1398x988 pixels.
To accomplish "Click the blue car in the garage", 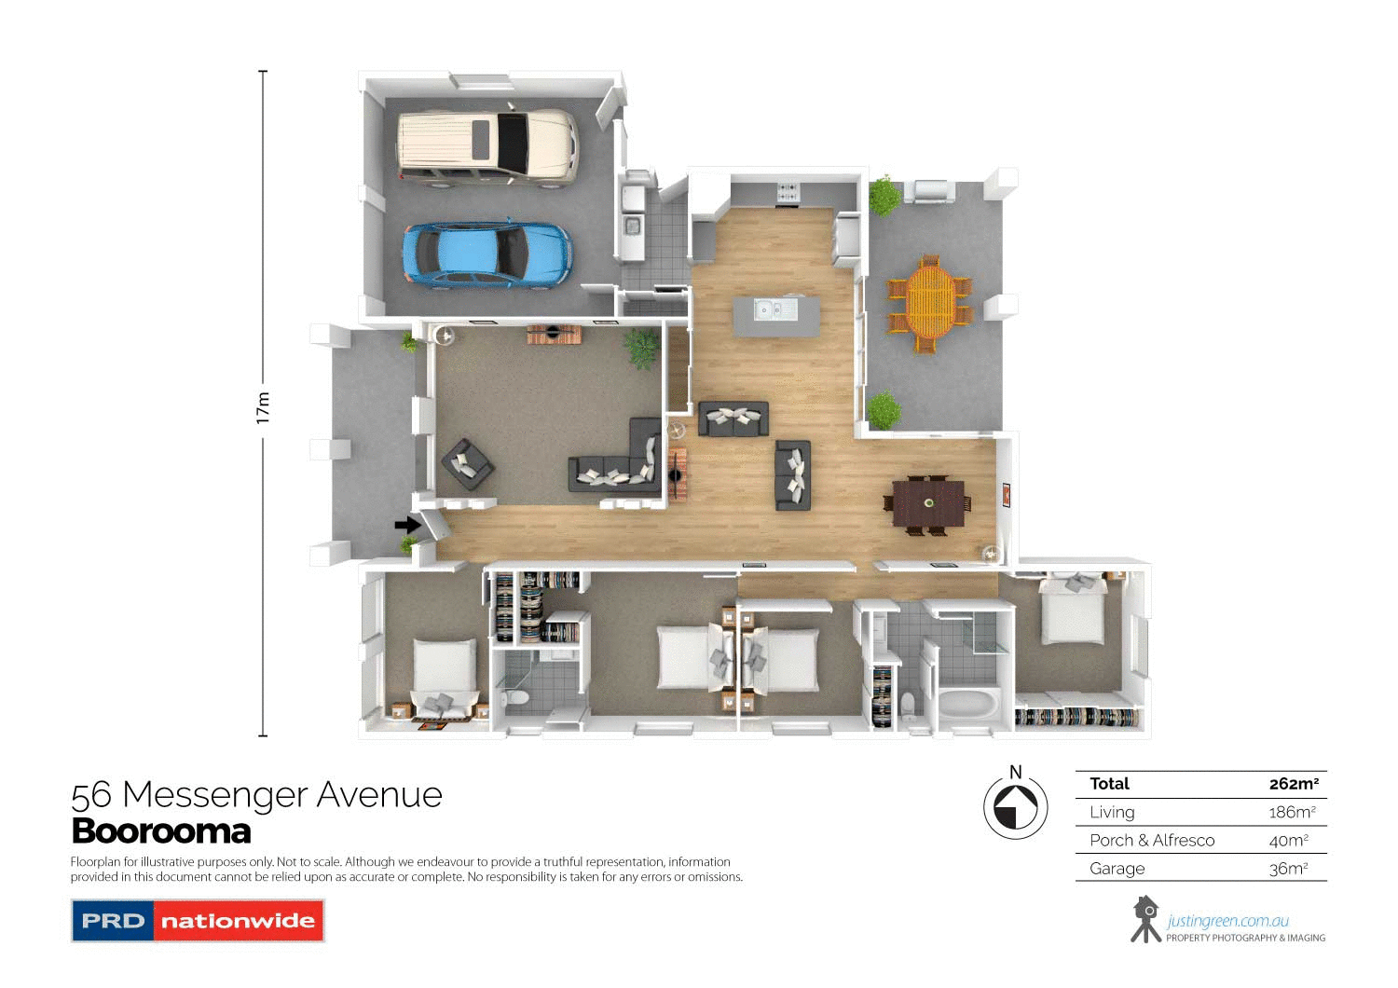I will pyautogui.click(x=487, y=254).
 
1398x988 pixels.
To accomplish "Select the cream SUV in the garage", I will pyautogui.click(x=487, y=147).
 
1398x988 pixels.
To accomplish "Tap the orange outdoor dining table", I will pyautogui.click(x=928, y=302).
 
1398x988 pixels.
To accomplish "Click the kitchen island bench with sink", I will pyautogui.click(x=776, y=317).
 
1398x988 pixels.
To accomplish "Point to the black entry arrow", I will pyautogui.click(x=407, y=526).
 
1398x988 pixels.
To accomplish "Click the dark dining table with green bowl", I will pyautogui.click(x=928, y=504).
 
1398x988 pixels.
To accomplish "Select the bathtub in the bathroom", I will pyautogui.click(x=968, y=705).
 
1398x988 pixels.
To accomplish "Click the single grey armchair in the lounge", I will pyautogui.click(x=467, y=463).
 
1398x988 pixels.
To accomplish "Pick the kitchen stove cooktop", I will pyautogui.click(x=788, y=192).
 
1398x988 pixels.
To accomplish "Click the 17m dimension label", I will pyautogui.click(x=263, y=407).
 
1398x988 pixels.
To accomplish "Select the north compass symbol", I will pyautogui.click(x=1015, y=807).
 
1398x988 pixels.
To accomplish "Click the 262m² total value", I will pyautogui.click(x=1294, y=784).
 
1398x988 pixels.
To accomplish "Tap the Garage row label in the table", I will pyautogui.click(x=1117, y=869).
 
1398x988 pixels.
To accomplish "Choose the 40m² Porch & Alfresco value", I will pyautogui.click(x=1288, y=841).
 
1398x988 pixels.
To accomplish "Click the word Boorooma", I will pyautogui.click(x=161, y=830).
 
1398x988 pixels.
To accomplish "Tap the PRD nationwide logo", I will pyautogui.click(x=198, y=921).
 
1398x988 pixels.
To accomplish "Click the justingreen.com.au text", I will pyautogui.click(x=1227, y=921).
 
